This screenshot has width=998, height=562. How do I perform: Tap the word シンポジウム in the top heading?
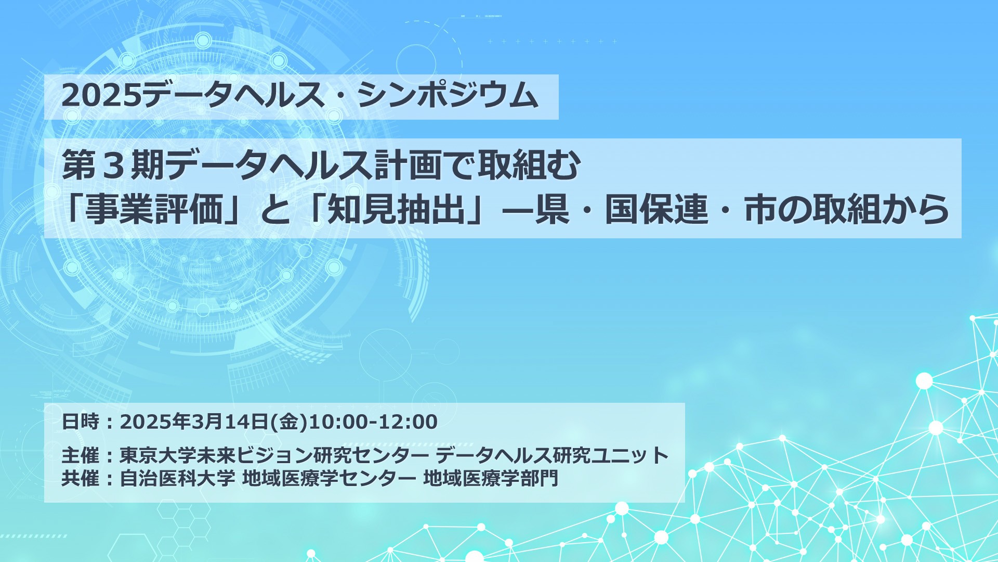[448, 96]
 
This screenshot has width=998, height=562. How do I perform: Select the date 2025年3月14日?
[194, 421]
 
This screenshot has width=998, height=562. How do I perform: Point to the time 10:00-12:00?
[373, 421]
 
